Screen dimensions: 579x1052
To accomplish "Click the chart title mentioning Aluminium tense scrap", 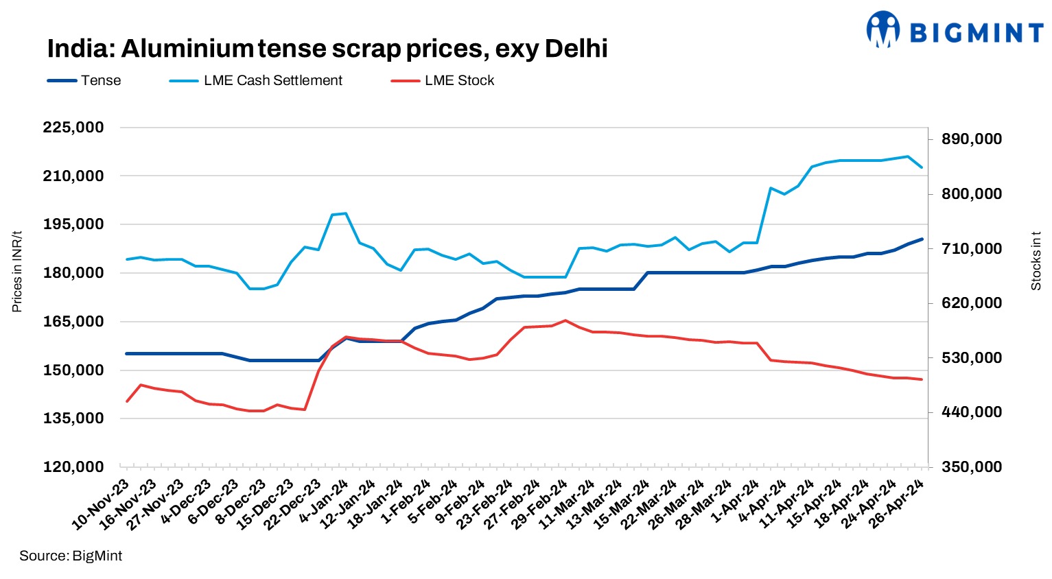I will pos(327,49).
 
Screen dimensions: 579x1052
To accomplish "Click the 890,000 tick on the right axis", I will pos(972,139).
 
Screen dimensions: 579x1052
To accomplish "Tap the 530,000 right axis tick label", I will pos(972,358).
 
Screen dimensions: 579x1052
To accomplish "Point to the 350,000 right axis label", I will pos(972,467).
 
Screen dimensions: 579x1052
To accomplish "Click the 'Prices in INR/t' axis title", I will pos(17,272).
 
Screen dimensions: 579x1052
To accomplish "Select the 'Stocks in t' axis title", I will pos(1036,261).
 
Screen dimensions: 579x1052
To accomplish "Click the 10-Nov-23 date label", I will pos(102,505).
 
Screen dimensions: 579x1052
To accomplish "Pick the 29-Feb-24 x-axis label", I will pos(541,505).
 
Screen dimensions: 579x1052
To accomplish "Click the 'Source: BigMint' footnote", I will pos(71,556).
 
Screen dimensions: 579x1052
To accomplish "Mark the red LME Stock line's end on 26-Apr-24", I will pos(922,379).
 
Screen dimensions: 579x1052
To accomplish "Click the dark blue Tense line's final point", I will pos(922,239).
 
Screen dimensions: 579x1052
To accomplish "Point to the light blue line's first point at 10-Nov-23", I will pos(127,259).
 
